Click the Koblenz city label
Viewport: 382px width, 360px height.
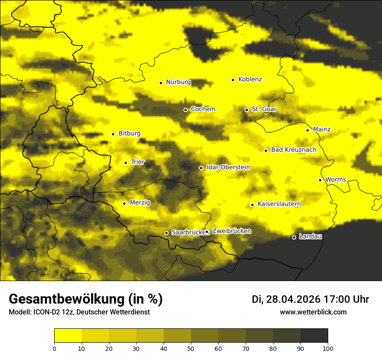[x=250, y=79]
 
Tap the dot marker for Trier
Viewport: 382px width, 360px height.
[x=126, y=163]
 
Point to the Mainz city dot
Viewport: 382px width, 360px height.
[x=307, y=130]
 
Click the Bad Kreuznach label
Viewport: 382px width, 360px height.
[x=293, y=150]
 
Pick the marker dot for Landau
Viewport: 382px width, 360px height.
[x=294, y=237]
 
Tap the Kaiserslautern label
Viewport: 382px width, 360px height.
[x=279, y=204]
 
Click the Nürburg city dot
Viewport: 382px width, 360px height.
[x=161, y=83]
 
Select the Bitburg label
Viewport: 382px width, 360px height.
[x=129, y=134]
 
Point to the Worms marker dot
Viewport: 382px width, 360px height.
[x=320, y=180]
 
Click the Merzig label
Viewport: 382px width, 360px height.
[x=140, y=203]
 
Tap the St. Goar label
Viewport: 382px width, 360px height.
[x=264, y=109]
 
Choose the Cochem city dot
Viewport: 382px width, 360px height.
[x=185, y=110]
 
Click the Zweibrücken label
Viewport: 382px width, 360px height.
[x=231, y=231]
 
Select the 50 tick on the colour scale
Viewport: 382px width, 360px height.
[x=191, y=348]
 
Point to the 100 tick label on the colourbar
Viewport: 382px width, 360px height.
[x=328, y=348]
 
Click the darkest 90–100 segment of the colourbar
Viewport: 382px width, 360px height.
[x=314, y=335]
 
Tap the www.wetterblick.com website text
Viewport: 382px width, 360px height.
[x=313, y=312]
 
